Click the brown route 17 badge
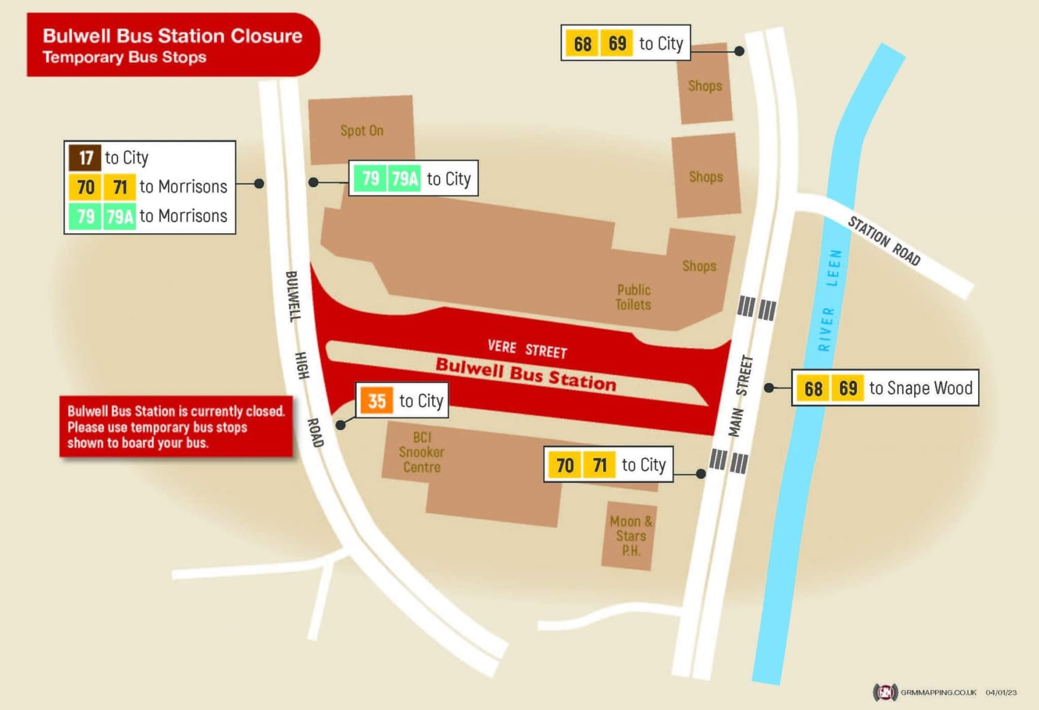coord(85,158)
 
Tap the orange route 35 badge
coord(376,401)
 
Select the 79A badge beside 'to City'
coord(404,178)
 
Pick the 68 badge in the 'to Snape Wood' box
coord(812,388)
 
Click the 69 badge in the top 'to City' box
coord(617,43)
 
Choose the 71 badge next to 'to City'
coord(599,465)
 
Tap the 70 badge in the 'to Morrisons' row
coord(85,186)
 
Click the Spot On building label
coord(362,130)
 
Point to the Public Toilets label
coord(633,297)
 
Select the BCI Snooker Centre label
coord(422,452)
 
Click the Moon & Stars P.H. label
coord(630,536)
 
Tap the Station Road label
coord(884,241)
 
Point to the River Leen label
coord(829,300)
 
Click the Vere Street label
coord(527,349)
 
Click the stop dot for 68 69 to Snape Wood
coord(769,388)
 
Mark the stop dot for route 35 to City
coord(340,425)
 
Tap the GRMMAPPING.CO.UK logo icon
coord(885,692)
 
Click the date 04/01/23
coord(1001,692)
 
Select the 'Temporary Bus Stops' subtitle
coord(124,57)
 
